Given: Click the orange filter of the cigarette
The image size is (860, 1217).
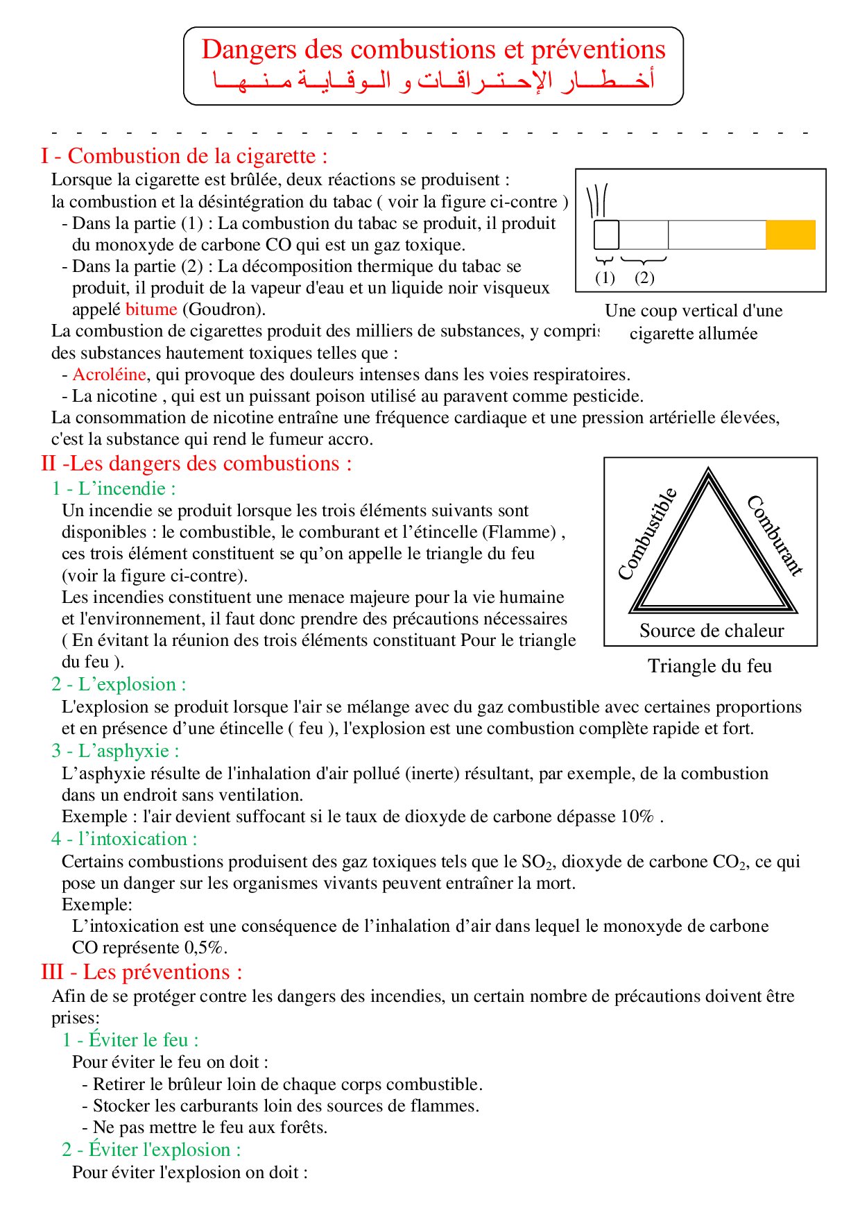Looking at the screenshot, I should (790, 235).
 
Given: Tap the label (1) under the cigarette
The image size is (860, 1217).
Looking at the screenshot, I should (605, 278).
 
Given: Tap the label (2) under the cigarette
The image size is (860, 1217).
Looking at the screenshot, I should (644, 278).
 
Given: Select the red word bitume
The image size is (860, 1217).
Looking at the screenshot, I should (151, 309).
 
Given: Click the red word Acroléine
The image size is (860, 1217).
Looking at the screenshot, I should (109, 375).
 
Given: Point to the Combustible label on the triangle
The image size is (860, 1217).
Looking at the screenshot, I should (646, 534).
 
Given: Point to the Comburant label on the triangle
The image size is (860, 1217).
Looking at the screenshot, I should (775, 535).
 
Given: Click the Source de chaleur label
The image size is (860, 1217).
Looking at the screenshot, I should (712, 631).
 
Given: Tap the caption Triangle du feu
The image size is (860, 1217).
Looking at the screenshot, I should (709, 666).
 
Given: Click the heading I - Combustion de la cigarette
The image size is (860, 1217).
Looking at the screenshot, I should (184, 156).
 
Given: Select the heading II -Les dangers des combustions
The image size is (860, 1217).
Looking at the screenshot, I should (196, 463).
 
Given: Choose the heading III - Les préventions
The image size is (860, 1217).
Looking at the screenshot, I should (141, 972).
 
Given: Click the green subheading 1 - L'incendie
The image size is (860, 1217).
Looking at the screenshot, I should (114, 488).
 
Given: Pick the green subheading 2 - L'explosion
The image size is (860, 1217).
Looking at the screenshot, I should (119, 684).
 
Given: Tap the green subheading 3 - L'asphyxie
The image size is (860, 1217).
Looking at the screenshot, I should (115, 751).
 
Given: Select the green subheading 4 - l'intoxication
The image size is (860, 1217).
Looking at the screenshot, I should (124, 839).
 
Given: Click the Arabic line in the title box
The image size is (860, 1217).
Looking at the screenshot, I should (433, 81).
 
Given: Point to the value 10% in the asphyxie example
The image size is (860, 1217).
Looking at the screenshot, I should (637, 817).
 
